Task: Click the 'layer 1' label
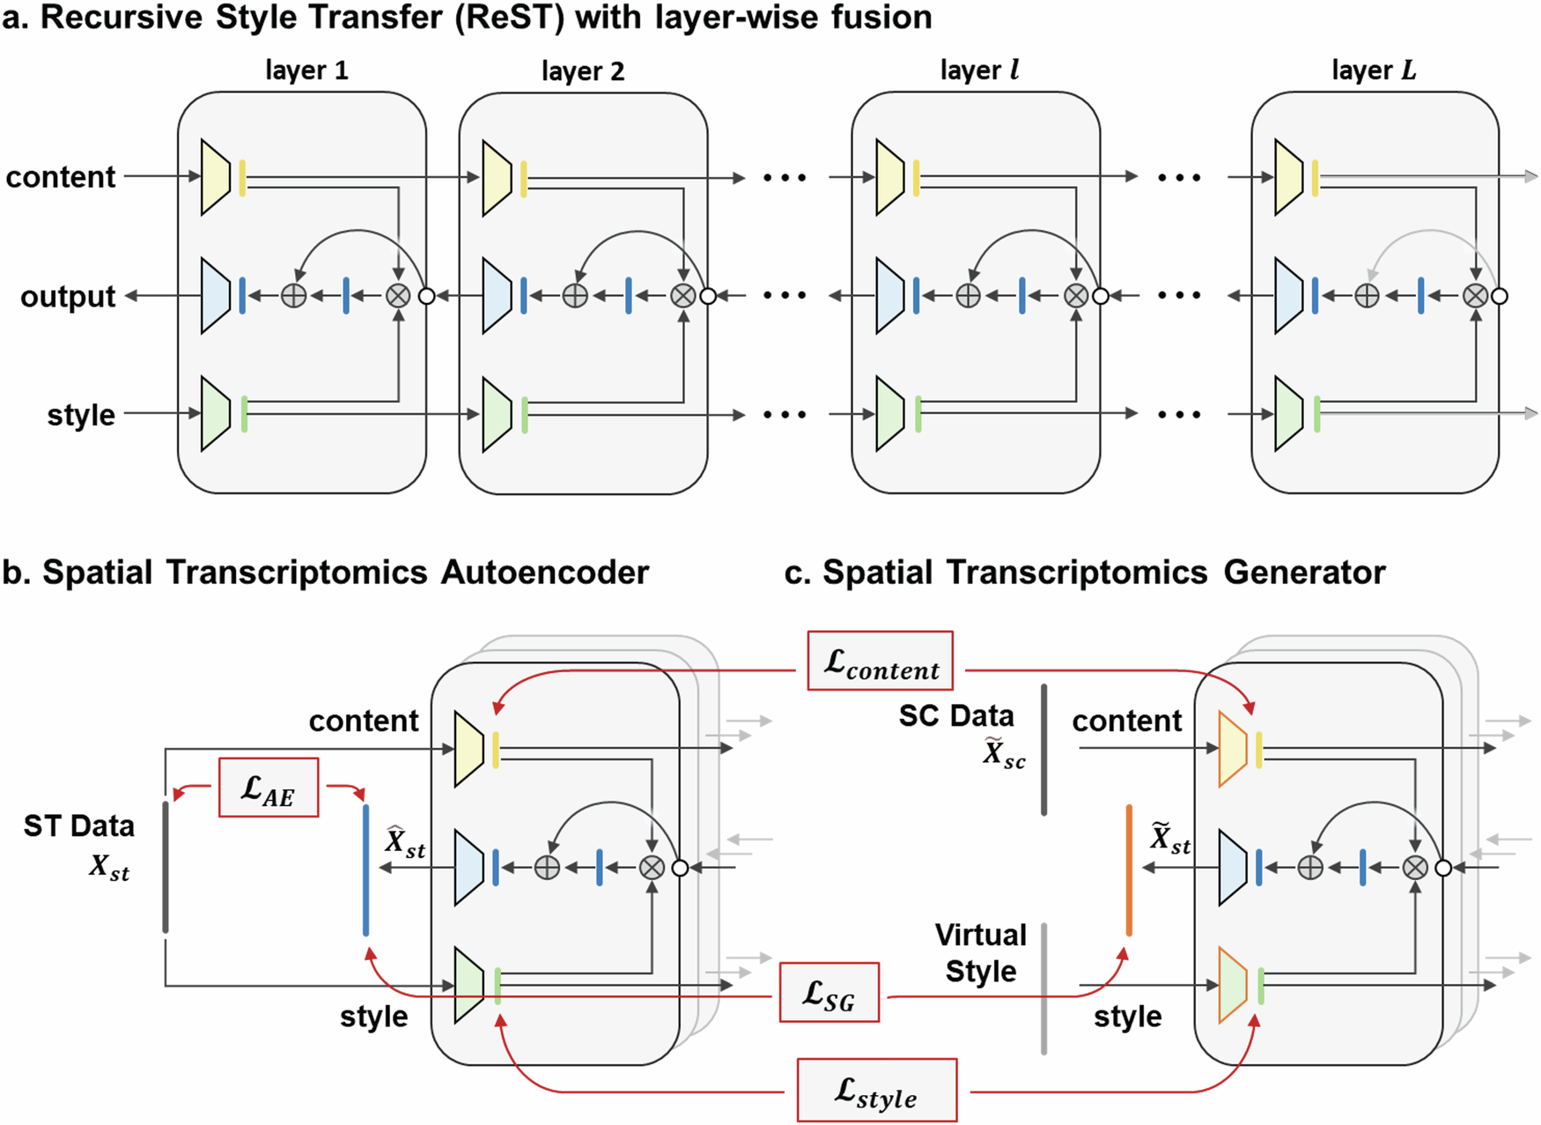click(306, 70)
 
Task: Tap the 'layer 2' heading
click(582, 71)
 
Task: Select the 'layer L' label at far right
click(1373, 70)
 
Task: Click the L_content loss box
click(880, 661)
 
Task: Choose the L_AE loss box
click(268, 788)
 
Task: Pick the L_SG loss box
click(829, 992)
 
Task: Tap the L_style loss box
click(876, 1091)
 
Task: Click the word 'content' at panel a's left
click(61, 177)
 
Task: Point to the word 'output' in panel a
click(68, 297)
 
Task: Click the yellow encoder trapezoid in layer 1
click(215, 177)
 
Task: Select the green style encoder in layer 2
click(497, 414)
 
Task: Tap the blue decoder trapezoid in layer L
click(1288, 296)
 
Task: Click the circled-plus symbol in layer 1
click(293, 296)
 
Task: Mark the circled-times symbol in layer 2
click(682, 296)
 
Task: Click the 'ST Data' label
click(79, 826)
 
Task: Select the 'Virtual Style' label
click(980, 953)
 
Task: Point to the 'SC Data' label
click(956, 716)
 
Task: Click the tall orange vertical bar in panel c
click(1129, 870)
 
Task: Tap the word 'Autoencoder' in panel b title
click(544, 573)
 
